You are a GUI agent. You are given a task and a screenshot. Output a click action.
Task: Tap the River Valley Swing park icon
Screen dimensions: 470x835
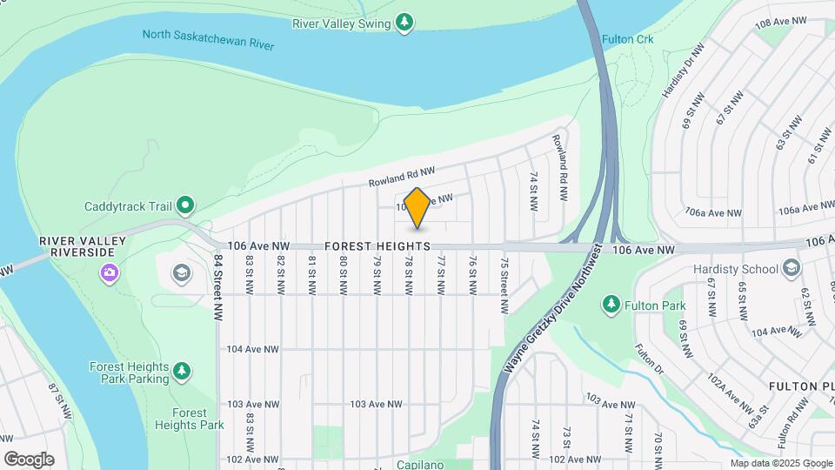tap(404, 23)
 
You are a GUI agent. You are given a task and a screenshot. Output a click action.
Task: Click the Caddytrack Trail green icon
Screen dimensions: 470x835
tap(185, 206)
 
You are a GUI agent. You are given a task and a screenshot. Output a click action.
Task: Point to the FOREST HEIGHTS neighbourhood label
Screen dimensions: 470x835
tap(378, 247)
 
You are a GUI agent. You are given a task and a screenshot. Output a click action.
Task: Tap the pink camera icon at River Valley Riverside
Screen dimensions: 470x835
tap(109, 273)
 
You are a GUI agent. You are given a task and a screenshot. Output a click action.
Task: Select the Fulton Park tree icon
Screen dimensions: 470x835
tap(611, 305)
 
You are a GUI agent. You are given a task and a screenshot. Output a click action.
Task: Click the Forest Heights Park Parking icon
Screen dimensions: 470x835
tap(182, 373)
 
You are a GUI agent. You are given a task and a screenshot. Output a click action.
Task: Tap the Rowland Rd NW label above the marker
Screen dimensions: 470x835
tap(400, 177)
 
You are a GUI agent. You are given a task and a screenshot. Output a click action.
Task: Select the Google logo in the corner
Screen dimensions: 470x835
tap(29, 460)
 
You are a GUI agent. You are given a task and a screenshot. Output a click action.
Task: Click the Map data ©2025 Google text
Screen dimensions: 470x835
tap(780, 464)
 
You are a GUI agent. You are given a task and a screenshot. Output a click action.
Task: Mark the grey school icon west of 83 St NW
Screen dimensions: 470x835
tap(181, 273)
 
